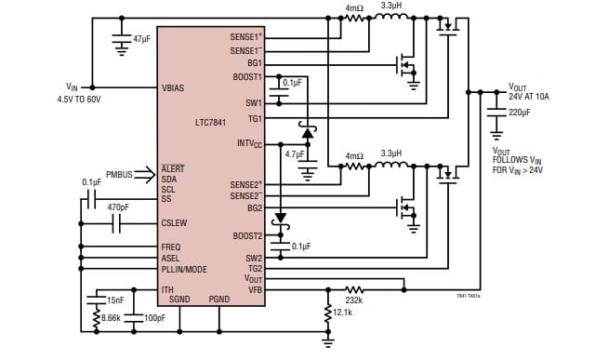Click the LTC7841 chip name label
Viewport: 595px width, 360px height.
[x=213, y=121]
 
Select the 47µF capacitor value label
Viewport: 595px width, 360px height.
[x=142, y=40]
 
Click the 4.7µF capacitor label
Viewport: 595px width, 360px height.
[x=295, y=153]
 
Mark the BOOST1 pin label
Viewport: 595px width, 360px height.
[x=247, y=77]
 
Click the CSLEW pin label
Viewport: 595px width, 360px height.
[x=175, y=223]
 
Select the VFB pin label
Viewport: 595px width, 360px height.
[x=254, y=289]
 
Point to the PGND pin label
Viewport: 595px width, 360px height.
[x=218, y=300]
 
